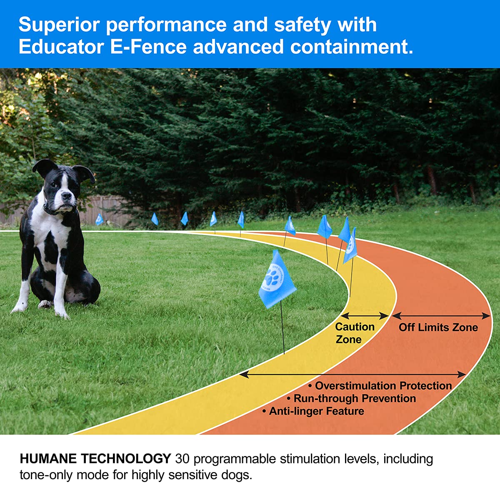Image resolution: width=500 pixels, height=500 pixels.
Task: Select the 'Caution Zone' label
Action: [355, 333]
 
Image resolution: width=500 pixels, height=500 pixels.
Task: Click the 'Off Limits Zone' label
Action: [438, 327]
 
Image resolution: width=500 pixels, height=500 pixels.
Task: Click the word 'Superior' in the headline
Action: [59, 25]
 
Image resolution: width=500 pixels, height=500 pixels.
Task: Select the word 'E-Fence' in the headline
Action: [148, 47]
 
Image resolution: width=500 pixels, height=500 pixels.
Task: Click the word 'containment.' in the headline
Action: [352, 47]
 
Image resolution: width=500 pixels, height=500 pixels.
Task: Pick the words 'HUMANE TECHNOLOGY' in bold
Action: [95, 459]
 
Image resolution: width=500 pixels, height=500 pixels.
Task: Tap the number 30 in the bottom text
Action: [182, 459]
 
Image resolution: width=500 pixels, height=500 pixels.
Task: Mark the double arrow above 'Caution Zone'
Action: [365, 316]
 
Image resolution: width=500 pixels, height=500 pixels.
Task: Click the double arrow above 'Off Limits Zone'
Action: [441, 315]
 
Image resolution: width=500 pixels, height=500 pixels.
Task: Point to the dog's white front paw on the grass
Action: [61, 312]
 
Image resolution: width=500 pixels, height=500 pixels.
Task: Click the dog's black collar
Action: [52, 210]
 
